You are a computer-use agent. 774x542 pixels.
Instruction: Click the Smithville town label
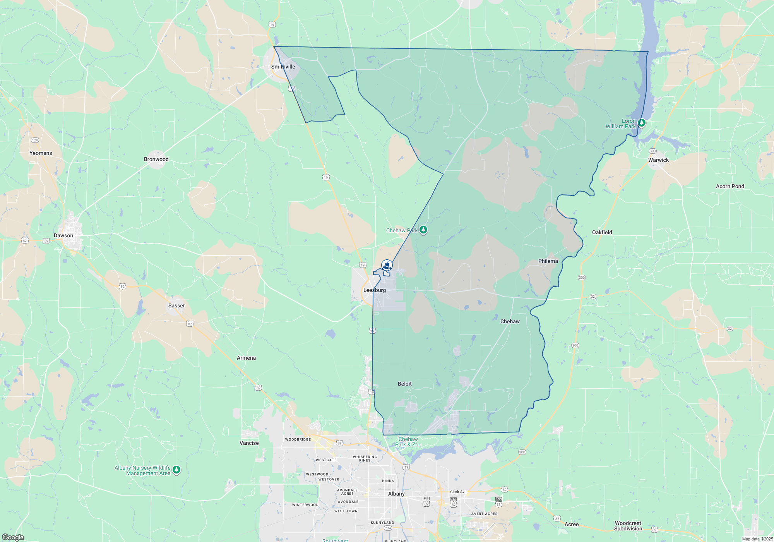click(x=283, y=67)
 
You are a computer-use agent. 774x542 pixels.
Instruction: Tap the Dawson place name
click(x=63, y=235)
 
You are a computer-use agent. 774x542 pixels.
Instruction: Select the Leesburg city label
click(x=374, y=290)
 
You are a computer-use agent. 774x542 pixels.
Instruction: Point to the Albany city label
click(x=396, y=494)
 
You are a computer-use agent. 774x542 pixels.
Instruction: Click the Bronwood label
click(x=156, y=159)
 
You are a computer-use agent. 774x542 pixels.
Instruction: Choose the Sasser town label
click(x=176, y=305)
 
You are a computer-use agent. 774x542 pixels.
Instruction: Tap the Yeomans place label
click(x=41, y=153)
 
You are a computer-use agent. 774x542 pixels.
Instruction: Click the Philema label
click(x=548, y=261)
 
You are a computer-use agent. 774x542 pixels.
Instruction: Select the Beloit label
click(x=405, y=384)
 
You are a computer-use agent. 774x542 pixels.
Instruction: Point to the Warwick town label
click(x=658, y=160)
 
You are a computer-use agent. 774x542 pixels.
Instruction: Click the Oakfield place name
click(x=602, y=232)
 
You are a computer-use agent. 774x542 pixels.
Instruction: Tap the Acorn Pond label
click(x=730, y=186)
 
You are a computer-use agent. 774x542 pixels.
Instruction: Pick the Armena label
click(x=246, y=358)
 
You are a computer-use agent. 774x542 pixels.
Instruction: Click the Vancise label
click(x=249, y=443)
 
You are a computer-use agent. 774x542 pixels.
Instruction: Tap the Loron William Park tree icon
click(x=642, y=123)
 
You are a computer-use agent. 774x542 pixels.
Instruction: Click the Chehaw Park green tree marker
click(x=423, y=230)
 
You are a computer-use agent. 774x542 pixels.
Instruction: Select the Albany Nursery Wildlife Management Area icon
click(x=176, y=470)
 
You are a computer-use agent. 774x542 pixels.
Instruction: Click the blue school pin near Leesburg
click(x=387, y=265)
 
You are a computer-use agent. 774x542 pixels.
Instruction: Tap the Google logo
click(x=13, y=537)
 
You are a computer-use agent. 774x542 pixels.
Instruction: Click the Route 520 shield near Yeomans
click(x=35, y=140)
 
